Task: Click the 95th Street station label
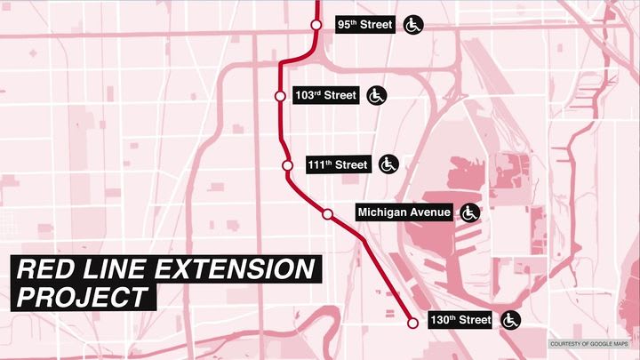[x=364, y=25]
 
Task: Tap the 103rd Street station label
[x=325, y=95]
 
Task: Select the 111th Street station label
[x=338, y=165]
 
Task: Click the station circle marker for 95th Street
[x=316, y=25]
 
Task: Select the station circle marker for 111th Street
[x=287, y=165]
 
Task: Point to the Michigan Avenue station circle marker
[x=327, y=214]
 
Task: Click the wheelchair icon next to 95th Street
[x=413, y=25]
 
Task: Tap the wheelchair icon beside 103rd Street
[x=376, y=95]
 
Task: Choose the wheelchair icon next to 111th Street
[x=388, y=165]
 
